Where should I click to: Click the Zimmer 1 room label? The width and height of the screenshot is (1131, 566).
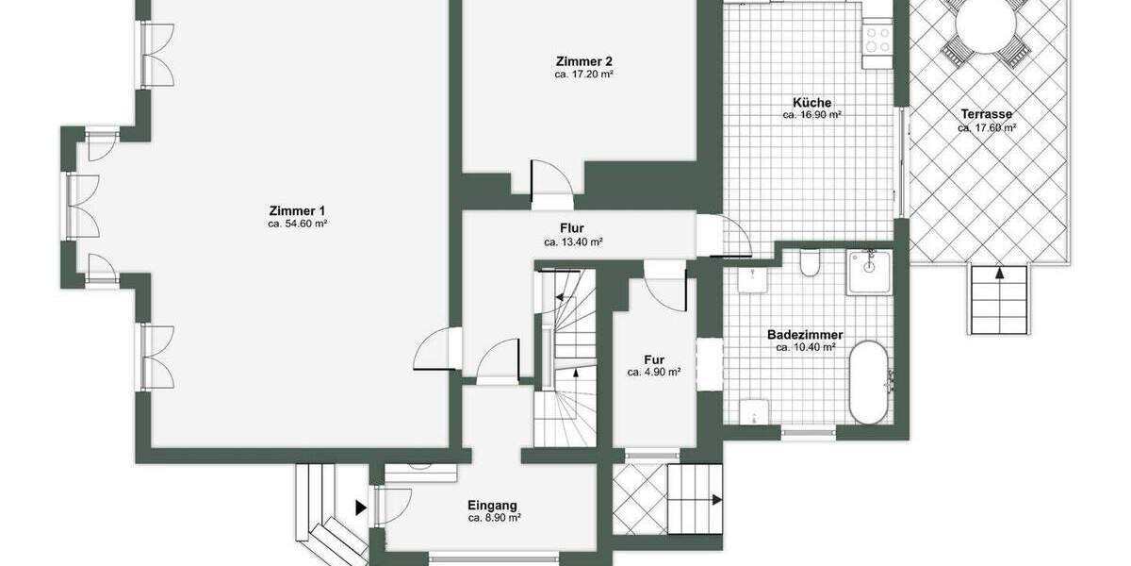[297, 210]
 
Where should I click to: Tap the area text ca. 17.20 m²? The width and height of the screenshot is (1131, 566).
[584, 74]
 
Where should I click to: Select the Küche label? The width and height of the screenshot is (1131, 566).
[811, 102]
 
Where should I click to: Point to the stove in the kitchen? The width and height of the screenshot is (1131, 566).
[877, 39]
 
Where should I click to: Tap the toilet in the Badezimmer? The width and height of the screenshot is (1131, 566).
[809, 263]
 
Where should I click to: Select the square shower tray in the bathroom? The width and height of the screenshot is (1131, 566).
[870, 274]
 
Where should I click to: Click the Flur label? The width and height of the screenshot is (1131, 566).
[572, 228]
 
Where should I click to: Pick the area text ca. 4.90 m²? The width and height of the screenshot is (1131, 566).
[653, 373]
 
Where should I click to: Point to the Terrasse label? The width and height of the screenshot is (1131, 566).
[986, 114]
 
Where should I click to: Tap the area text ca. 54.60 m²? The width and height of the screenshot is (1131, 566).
[297, 225]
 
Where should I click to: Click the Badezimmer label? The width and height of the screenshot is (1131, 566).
[804, 335]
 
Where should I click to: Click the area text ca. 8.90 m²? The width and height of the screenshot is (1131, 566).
[494, 519]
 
